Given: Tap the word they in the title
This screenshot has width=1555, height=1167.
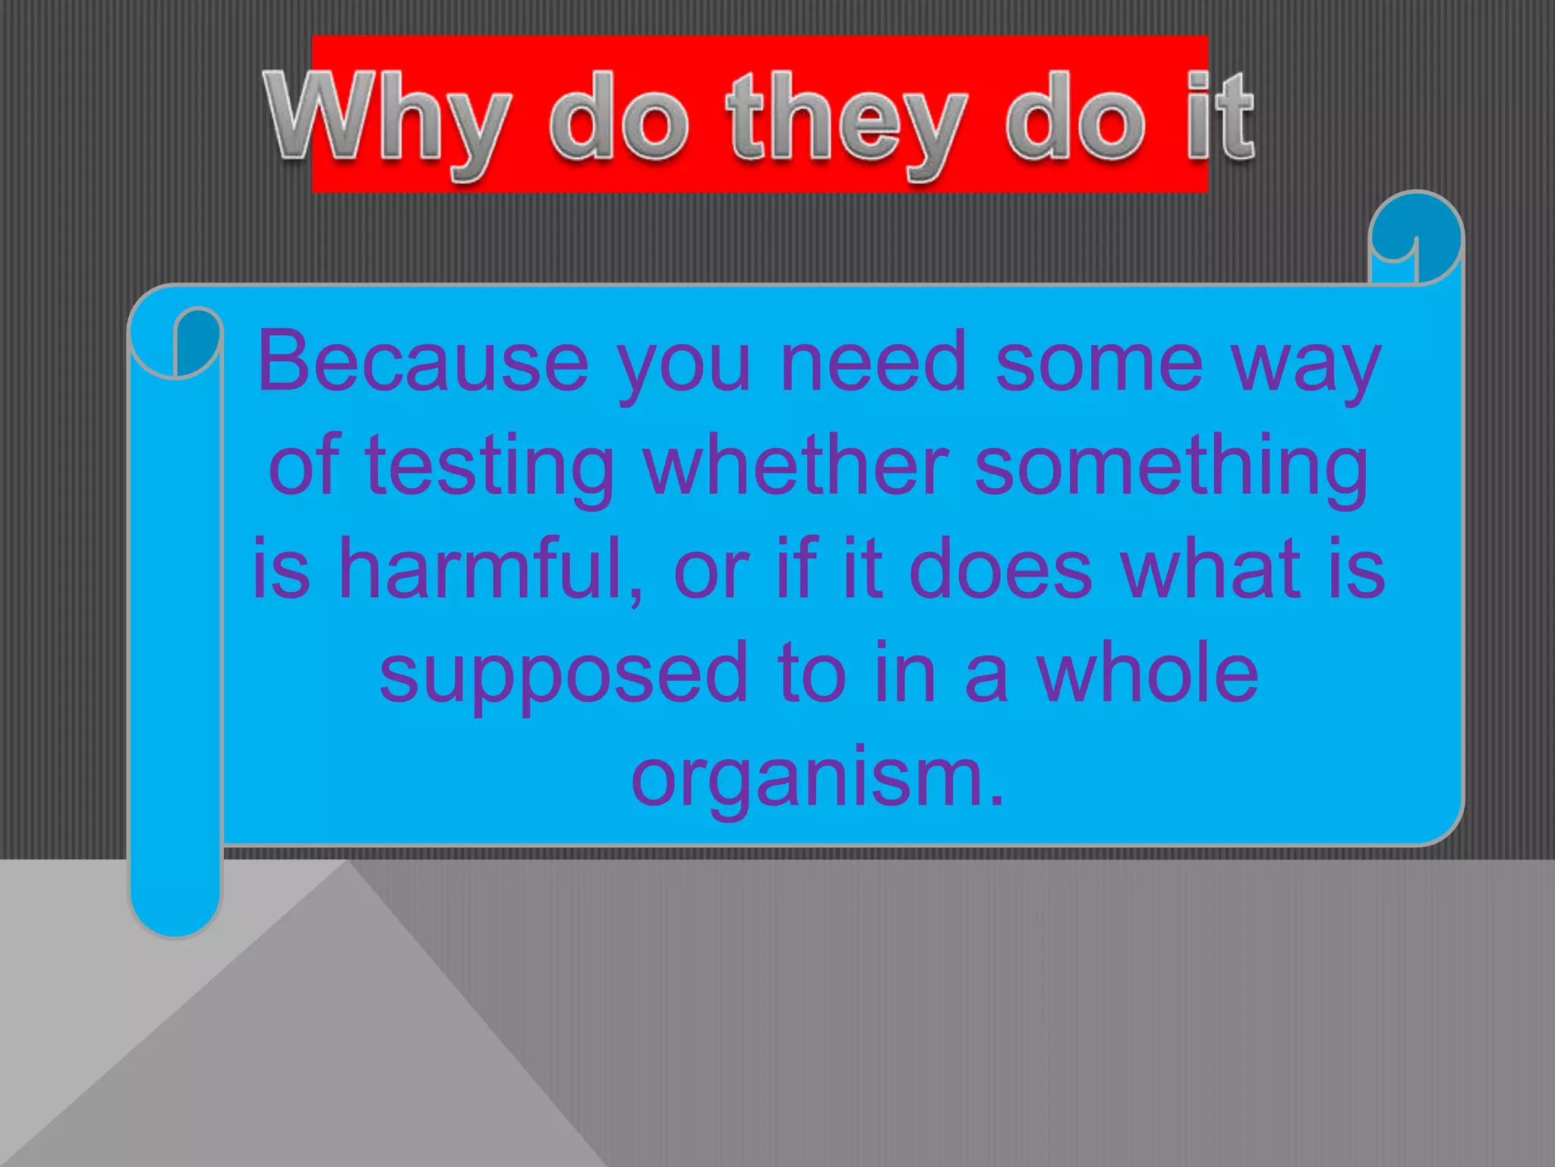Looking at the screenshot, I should (x=847, y=122).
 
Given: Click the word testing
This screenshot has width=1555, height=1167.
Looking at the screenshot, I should (x=489, y=466).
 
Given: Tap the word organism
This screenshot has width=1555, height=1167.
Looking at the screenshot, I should (x=817, y=778).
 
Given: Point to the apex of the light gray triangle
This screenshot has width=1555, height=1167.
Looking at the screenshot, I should (x=347, y=863).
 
